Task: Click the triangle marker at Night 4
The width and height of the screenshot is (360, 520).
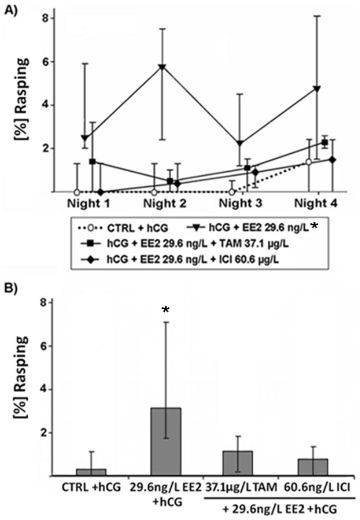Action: point(317,88)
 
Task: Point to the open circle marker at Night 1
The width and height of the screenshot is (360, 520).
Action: point(77,192)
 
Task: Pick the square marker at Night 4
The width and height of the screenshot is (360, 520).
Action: point(324,142)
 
